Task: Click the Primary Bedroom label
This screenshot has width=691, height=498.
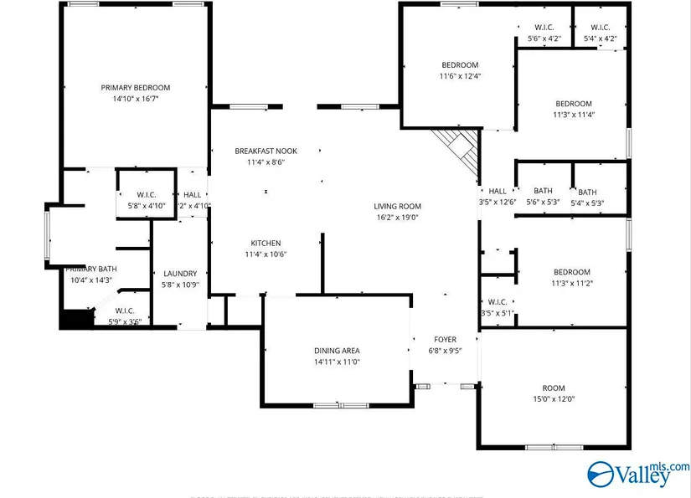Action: pyautogui.click(x=136, y=88)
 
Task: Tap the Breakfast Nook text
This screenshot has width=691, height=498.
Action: pyautogui.click(x=266, y=151)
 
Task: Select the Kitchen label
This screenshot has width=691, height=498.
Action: pyautogui.click(x=266, y=244)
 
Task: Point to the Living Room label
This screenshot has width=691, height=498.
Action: pyautogui.click(x=397, y=206)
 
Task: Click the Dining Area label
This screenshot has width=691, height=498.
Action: pyautogui.click(x=338, y=351)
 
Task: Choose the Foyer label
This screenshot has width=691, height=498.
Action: pyautogui.click(x=444, y=340)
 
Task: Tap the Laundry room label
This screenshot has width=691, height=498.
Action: pyautogui.click(x=180, y=274)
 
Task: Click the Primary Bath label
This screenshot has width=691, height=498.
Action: pyautogui.click(x=92, y=269)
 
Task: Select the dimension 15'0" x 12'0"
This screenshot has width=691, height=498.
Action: pyautogui.click(x=554, y=399)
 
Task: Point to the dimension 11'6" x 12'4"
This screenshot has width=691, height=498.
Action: pyautogui.click(x=460, y=76)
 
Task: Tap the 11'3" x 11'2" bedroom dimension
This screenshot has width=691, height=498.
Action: pyautogui.click(x=572, y=283)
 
